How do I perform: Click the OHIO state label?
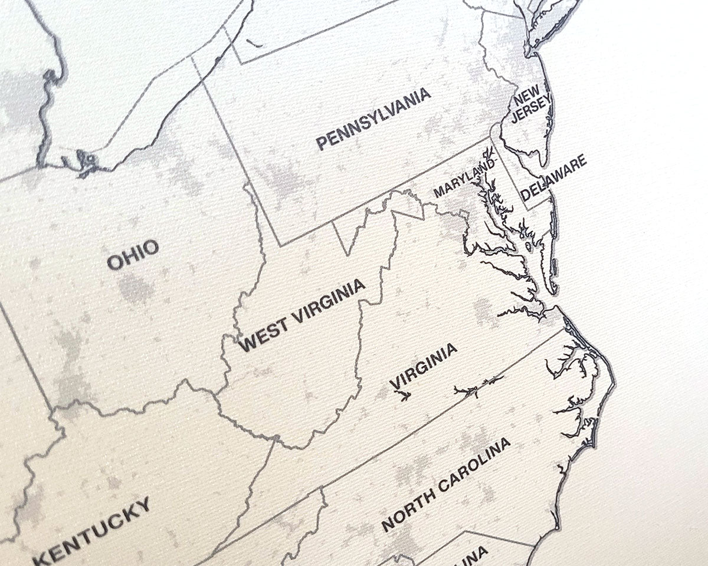133,254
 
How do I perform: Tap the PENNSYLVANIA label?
373,119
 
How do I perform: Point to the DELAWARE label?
554,177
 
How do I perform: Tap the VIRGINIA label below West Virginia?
423,366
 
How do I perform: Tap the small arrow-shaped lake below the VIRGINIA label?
405,396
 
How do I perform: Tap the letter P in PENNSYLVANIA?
322,142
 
